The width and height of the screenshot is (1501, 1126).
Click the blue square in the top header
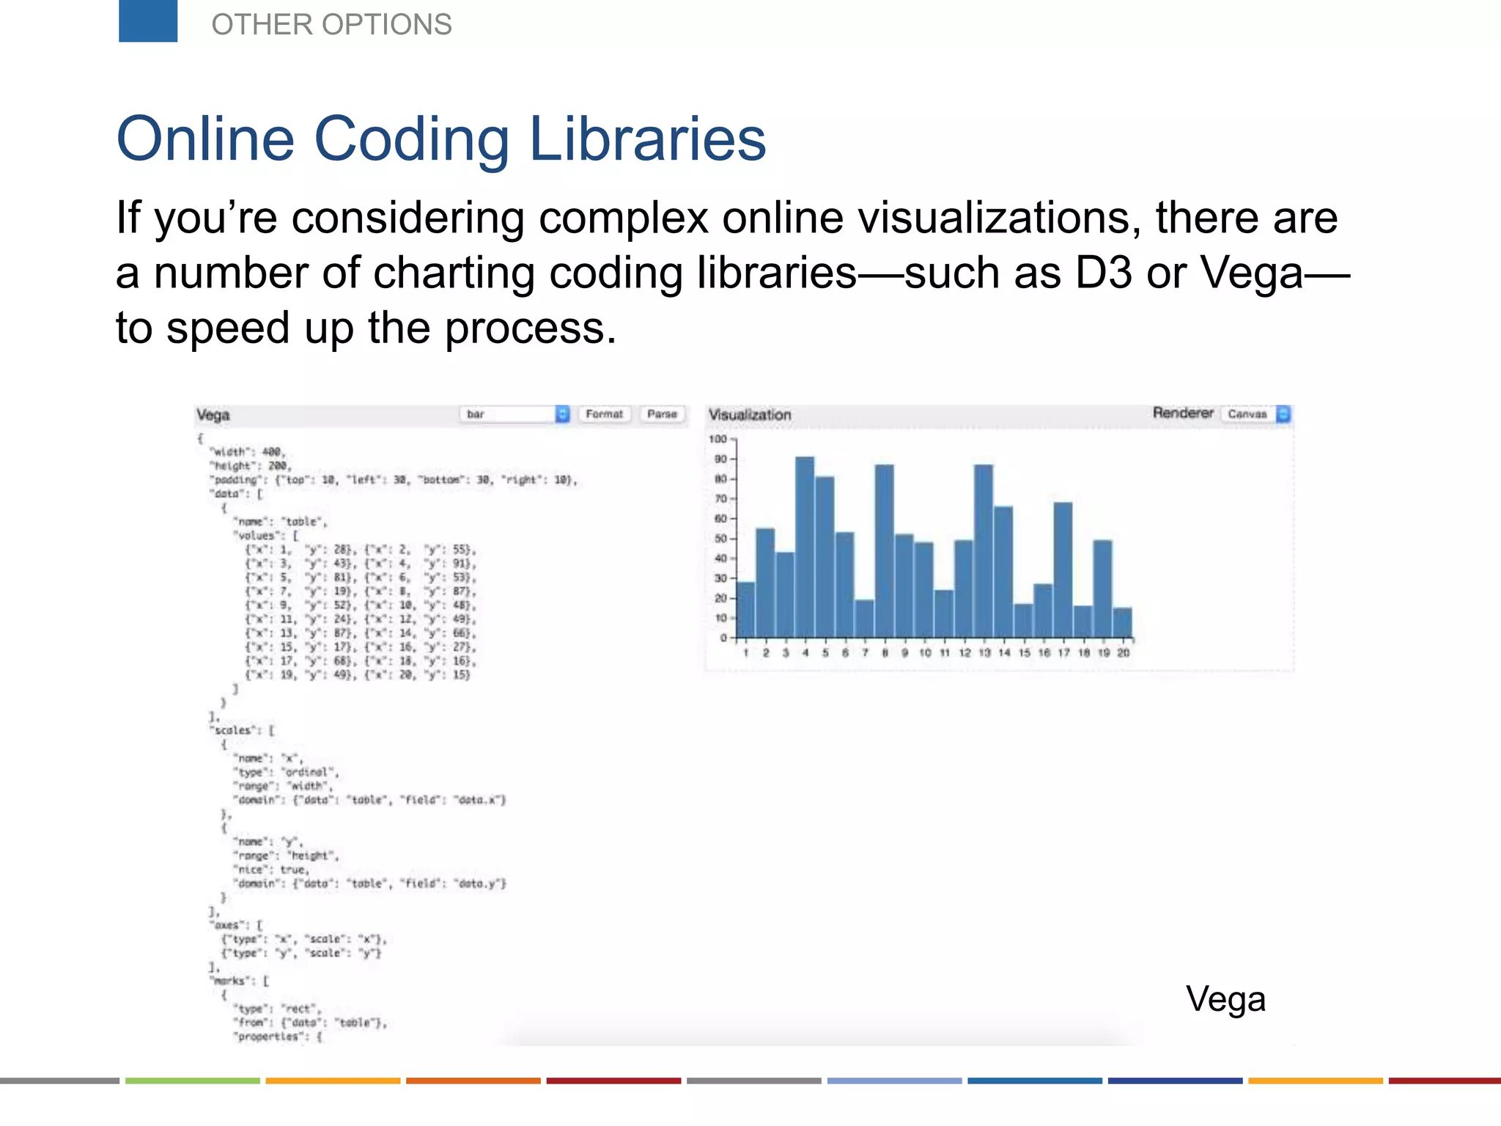tap(147, 21)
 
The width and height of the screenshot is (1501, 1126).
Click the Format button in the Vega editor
tap(604, 414)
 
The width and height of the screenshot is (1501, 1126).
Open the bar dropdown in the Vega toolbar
tap(515, 414)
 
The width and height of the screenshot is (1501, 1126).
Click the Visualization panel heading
tap(750, 415)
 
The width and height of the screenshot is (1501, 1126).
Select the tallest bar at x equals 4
tap(805, 546)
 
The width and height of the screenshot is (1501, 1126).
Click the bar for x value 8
tap(884, 550)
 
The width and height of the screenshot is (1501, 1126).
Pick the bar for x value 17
tap(1063, 569)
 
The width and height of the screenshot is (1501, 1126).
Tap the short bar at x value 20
tap(1122, 622)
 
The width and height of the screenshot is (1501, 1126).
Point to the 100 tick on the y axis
tap(718, 439)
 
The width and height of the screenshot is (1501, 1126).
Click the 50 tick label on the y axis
tap(720, 539)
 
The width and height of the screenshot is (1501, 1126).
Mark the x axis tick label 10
tap(925, 652)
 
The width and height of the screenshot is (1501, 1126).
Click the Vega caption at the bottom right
tap(1225, 999)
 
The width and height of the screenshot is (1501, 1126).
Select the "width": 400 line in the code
tap(248, 452)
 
